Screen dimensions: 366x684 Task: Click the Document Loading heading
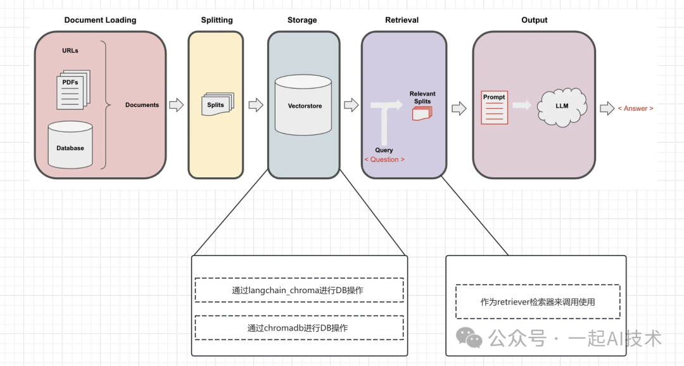pos(100,20)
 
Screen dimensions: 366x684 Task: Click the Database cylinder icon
pos(70,146)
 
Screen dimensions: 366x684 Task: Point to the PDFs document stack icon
pos(73,89)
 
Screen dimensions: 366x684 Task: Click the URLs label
pos(70,51)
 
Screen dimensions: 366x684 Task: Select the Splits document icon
pos(217,104)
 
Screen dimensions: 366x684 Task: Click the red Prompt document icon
pos(495,107)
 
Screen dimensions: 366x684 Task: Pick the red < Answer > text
pos(635,108)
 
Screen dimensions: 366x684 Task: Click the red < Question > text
pos(384,160)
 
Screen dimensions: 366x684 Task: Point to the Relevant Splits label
pos(422,98)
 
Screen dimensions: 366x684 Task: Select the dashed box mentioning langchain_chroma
pos(299,290)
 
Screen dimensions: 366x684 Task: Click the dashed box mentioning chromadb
pos(299,327)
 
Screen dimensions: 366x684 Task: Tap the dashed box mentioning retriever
pos(538,301)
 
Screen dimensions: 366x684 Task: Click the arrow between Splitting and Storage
pos(255,105)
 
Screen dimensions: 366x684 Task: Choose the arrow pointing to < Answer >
pos(607,108)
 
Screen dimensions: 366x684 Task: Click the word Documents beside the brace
pos(142,104)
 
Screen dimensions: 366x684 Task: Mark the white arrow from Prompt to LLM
pos(521,105)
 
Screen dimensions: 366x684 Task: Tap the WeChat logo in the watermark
pos(469,338)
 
